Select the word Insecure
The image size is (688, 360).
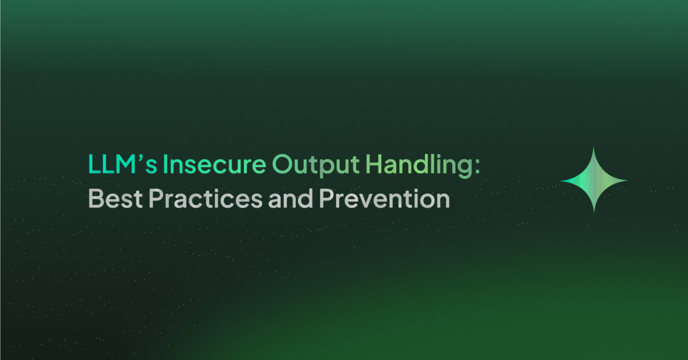(x=215, y=165)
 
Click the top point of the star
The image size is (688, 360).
(x=594, y=148)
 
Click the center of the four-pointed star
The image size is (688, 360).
(x=594, y=180)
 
